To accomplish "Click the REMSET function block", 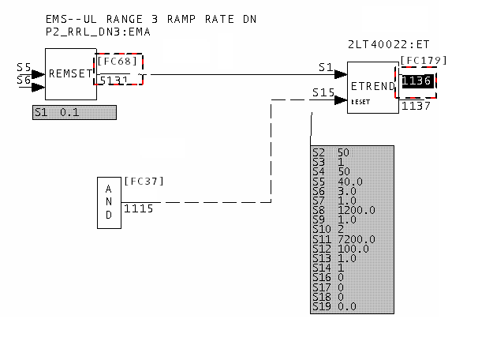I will [70, 74].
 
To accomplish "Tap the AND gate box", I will [109, 202].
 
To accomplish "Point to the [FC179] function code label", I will [424, 60].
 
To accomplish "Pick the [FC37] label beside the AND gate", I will [144, 181].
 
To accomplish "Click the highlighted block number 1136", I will [418, 81].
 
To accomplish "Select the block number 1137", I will [416, 106].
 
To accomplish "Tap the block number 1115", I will [139, 208].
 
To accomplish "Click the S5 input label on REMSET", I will [24, 68].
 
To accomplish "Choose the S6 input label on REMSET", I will [24, 80].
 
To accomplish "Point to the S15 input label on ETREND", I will [323, 92].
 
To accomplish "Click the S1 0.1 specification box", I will [74, 112].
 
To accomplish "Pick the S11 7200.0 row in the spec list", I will [345, 239].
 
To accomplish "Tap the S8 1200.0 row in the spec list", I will [345, 210].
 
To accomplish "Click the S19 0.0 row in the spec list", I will [336, 306].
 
